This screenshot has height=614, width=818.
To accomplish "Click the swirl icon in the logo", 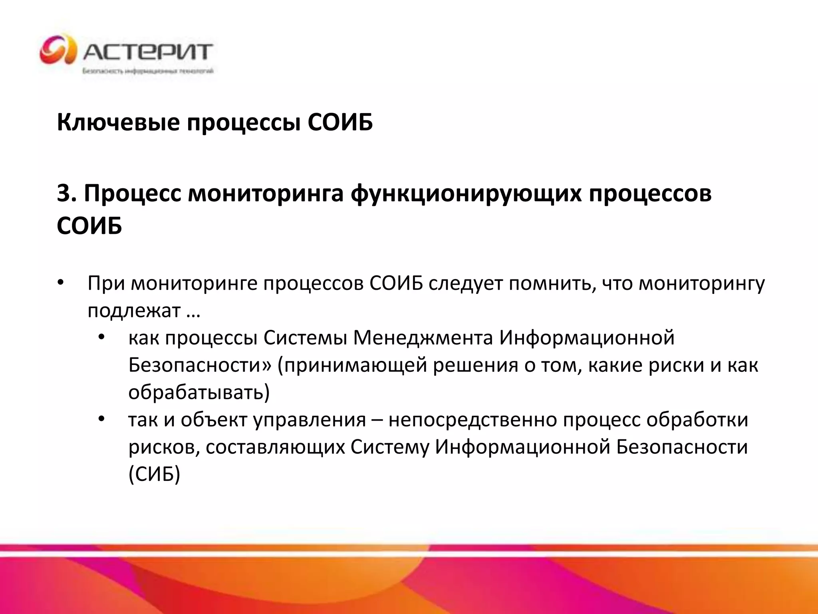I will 58,50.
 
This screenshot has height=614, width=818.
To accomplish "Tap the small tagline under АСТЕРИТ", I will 148,71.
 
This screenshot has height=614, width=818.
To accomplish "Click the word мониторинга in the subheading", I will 266,194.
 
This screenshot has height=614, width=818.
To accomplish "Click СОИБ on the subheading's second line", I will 89,226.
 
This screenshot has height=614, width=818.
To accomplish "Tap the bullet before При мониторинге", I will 60,283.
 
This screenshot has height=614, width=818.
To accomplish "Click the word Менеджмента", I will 423,338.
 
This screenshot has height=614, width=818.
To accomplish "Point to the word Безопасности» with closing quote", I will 200,365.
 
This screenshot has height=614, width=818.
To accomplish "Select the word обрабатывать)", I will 199,393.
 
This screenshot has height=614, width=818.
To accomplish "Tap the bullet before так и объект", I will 101,419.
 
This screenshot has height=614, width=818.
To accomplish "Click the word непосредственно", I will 473,420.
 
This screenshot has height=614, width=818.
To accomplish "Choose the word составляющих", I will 275,447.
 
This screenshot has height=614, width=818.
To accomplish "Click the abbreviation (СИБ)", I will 155,474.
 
